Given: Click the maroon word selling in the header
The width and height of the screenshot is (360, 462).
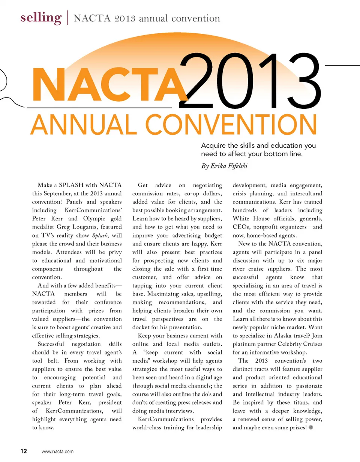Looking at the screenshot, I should pos(41,18).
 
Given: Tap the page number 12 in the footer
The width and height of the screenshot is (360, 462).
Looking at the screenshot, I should pos(24,451).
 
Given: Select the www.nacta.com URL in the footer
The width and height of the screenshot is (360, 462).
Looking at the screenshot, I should pos(57,451).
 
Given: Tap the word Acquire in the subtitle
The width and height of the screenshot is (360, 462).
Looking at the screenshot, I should pos(213,145).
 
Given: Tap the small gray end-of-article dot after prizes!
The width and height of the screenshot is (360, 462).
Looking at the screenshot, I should pos(310,428).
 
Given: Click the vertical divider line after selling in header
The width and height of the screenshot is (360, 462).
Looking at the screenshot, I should pos(67,18).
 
